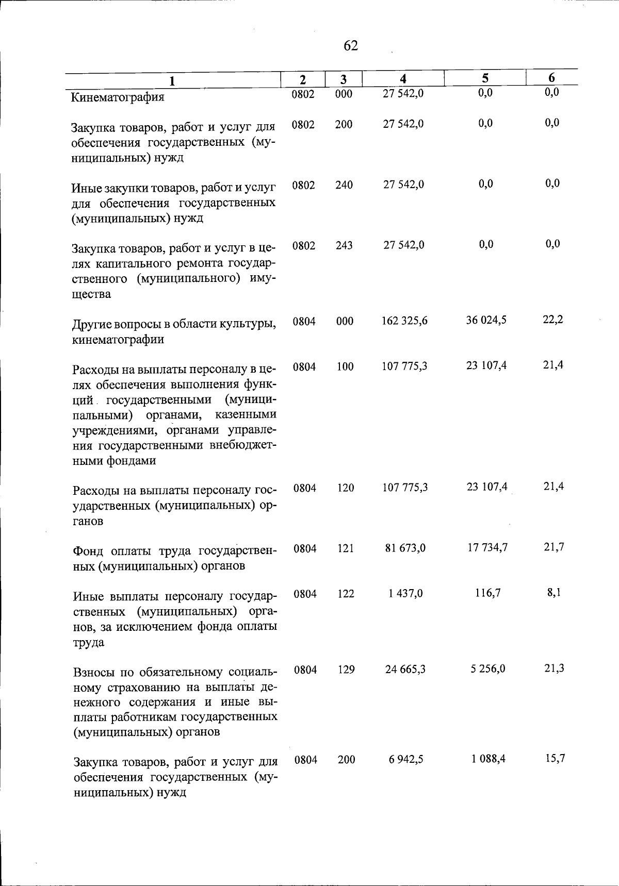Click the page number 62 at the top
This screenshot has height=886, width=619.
(350, 46)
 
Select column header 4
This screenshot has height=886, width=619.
(403, 78)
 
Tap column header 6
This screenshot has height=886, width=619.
(551, 78)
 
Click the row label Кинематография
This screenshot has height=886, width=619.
(118, 97)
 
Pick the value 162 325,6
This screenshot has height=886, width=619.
(405, 321)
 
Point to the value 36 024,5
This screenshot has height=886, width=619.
(486, 320)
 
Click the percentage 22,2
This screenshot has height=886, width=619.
(553, 319)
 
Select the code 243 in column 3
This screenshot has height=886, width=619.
(344, 245)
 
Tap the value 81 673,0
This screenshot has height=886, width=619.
(405, 548)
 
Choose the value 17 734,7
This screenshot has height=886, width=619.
(487, 547)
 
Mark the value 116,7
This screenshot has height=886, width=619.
(487, 593)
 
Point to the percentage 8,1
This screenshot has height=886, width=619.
(554, 592)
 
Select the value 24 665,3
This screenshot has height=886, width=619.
(405, 669)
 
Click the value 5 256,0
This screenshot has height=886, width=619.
(488, 668)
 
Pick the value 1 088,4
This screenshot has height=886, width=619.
(488, 759)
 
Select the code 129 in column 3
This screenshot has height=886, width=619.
(346, 670)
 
